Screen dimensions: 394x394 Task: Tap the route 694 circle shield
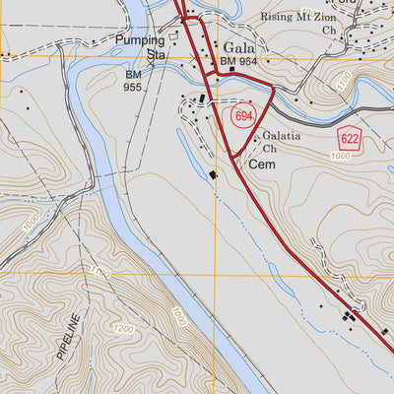244,116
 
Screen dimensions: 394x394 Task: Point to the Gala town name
238,46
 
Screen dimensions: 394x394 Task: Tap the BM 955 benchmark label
133,81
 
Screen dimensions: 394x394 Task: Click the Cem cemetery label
261,164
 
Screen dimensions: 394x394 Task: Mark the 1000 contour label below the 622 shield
342,157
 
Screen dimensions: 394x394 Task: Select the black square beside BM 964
230,70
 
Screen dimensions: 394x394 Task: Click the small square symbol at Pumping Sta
174,35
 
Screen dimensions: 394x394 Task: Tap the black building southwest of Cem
213,174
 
